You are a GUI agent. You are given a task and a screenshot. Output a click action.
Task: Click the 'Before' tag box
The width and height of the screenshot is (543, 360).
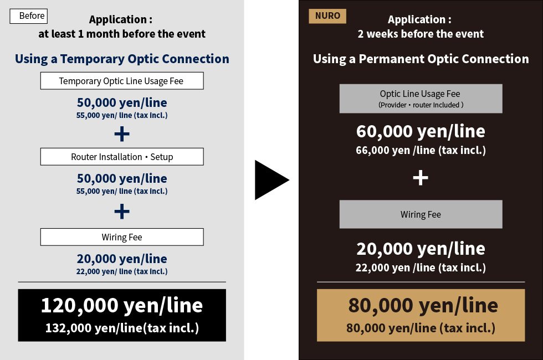pos(28,16)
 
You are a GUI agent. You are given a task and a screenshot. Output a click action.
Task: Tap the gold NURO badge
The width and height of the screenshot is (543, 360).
pos(327,16)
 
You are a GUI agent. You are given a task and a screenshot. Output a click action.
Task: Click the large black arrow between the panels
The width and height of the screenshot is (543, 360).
pos(271,180)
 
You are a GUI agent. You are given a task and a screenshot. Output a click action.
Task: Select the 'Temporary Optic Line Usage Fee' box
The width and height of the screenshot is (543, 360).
pos(122,81)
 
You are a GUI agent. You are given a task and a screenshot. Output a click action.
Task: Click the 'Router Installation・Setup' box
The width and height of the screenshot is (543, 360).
pos(122,157)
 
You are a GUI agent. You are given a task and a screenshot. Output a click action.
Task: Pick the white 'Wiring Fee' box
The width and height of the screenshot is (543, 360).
pos(122,237)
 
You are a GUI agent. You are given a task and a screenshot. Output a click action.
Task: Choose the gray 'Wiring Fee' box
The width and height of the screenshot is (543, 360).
pos(421,214)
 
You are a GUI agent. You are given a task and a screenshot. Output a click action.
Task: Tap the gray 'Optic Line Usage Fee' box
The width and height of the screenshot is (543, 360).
pos(421,99)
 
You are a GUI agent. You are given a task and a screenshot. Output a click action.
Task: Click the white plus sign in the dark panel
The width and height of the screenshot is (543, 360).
pos(421,178)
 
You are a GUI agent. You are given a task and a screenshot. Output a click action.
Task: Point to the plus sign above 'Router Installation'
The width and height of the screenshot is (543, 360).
pos(122,134)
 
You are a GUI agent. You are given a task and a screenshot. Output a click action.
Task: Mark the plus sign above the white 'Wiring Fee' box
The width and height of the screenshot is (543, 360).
pos(122,212)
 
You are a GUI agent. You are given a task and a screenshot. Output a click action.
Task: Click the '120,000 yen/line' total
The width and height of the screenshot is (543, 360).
pos(122,305)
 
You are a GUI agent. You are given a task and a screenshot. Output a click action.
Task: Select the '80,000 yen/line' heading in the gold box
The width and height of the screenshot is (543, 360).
pos(423,305)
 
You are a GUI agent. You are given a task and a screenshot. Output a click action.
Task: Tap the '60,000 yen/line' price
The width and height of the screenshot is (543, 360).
pos(421,131)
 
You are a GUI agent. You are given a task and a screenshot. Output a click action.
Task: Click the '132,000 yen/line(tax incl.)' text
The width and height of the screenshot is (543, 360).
pos(122,328)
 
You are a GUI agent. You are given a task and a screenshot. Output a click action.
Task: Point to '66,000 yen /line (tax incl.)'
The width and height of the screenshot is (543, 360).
pos(421,150)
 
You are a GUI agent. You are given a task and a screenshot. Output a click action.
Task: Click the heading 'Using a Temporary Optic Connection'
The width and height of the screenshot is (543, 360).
pos(122,59)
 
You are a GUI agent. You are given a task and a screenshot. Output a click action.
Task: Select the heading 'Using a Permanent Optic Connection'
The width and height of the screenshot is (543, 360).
pos(421,59)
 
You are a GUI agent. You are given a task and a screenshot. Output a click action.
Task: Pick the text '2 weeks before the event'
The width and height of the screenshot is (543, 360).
pos(421,34)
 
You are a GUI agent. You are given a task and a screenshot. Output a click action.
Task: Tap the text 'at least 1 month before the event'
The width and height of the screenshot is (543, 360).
pos(122,34)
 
